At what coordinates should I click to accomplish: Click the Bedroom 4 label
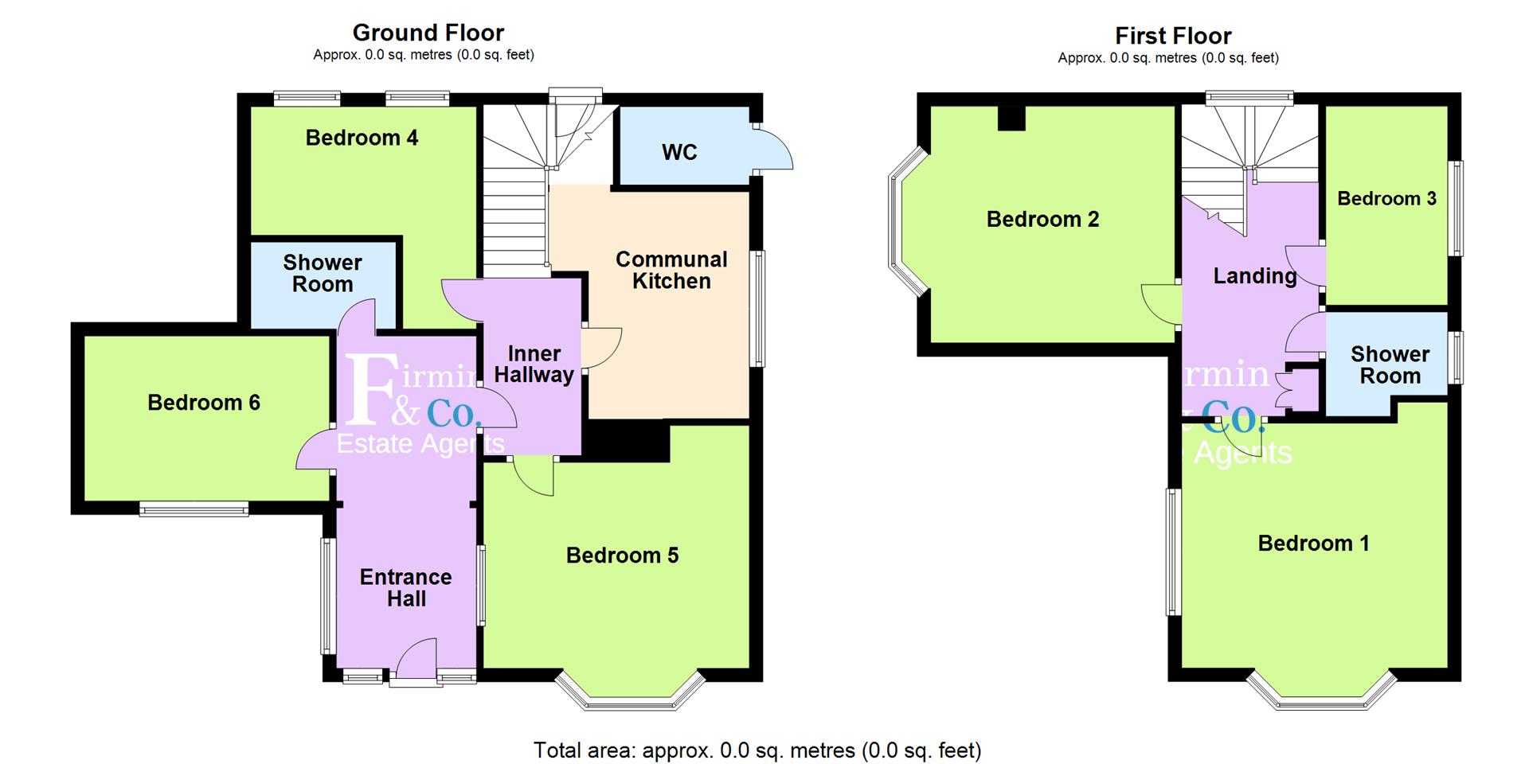tap(362, 138)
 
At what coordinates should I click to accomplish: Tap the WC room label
tap(679, 152)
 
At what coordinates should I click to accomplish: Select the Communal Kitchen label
tap(671, 270)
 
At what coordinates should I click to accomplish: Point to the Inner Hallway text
tap(534, 364)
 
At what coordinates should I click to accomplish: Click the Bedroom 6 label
tap(204, 403)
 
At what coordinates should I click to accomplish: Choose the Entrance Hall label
tap(405, 587)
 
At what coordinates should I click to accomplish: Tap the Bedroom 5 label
tap(622, 555)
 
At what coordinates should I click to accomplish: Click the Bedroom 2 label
tap(1042, 219)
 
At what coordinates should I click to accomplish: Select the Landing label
tap(1254, 276)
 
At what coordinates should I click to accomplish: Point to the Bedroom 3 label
tap(1386, 198)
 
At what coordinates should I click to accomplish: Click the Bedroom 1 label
tap(1313, 544)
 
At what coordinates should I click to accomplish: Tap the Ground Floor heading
tap(428, 33)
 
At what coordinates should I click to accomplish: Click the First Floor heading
tap(1172, 36)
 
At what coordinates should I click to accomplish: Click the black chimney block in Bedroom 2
tap(1012, 118)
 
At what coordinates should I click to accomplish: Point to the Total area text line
tap(757, 750)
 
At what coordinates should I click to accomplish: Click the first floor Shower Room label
tap(1390, 364)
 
